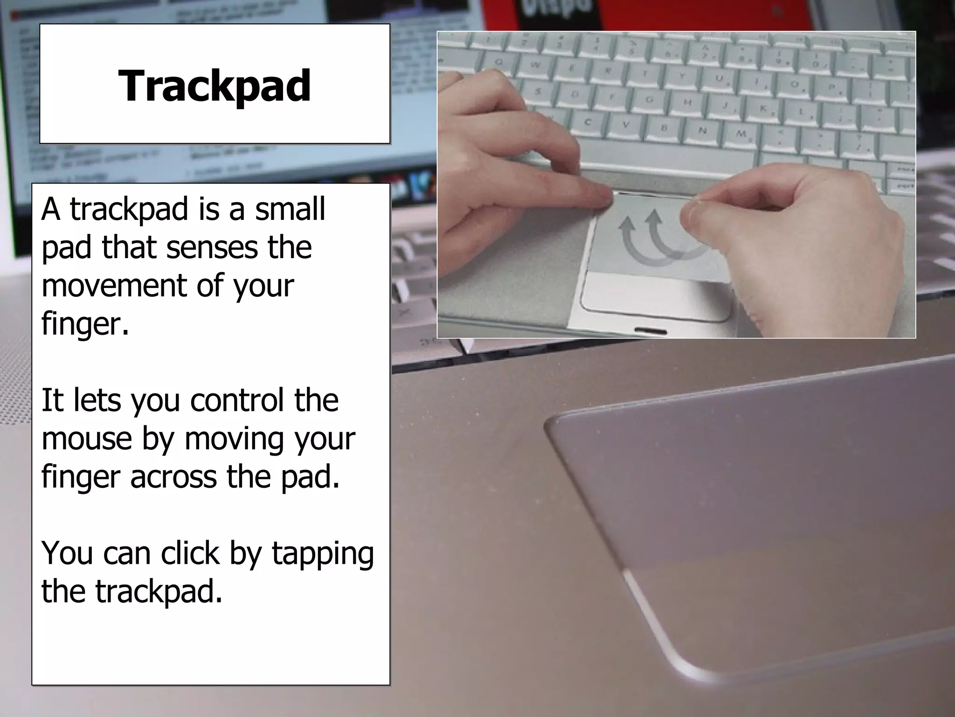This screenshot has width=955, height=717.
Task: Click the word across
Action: pyautogui.click(x=174, y=477)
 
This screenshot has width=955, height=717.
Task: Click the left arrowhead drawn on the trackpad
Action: pyautogui.click(x=625, y=225)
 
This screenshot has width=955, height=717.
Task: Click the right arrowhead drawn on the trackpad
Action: pyautogui.click(x=655, y=216)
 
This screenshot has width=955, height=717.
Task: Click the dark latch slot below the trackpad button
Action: pyautogui.click(x=651, y=330)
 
